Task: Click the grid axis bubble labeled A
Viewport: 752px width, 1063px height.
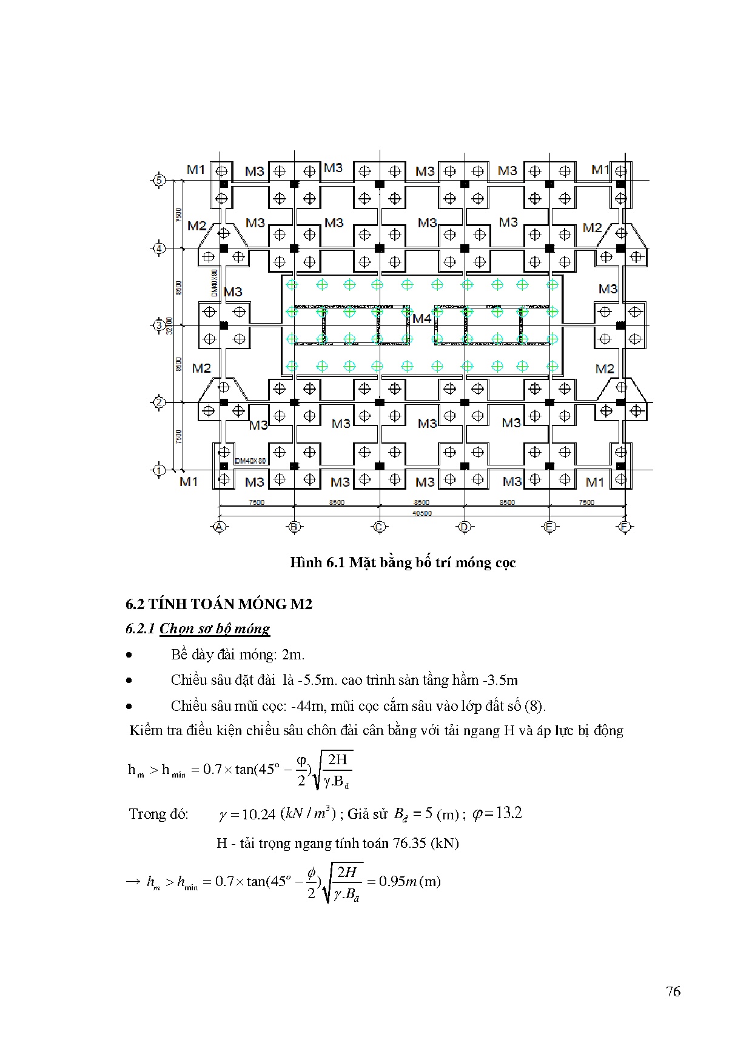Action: click(x=220, y=527)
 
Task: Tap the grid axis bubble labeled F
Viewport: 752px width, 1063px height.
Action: click(x=624, y=527)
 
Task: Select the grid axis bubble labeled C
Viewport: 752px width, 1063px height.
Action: click(x=379, y=527)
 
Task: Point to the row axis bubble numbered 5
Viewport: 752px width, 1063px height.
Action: click(x=159, y=180)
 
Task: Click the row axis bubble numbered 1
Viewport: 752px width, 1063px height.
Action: click(x=159, y=470)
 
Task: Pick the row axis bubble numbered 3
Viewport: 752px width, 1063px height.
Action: click(x=159, y=325)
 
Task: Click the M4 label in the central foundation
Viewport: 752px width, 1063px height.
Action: click(x=422, y=318)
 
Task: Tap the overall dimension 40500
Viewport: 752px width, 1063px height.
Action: click(x=421, y=513)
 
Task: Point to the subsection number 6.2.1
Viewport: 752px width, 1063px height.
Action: click(x=141, y=628)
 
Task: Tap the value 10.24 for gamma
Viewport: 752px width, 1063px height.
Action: click(x=259, y=814)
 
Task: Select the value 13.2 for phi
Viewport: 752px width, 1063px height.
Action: click(x=508, y=813)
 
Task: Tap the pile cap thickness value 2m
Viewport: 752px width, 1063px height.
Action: click(x=293, y=655)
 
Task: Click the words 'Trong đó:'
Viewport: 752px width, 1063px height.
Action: click(x=159, y=814)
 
